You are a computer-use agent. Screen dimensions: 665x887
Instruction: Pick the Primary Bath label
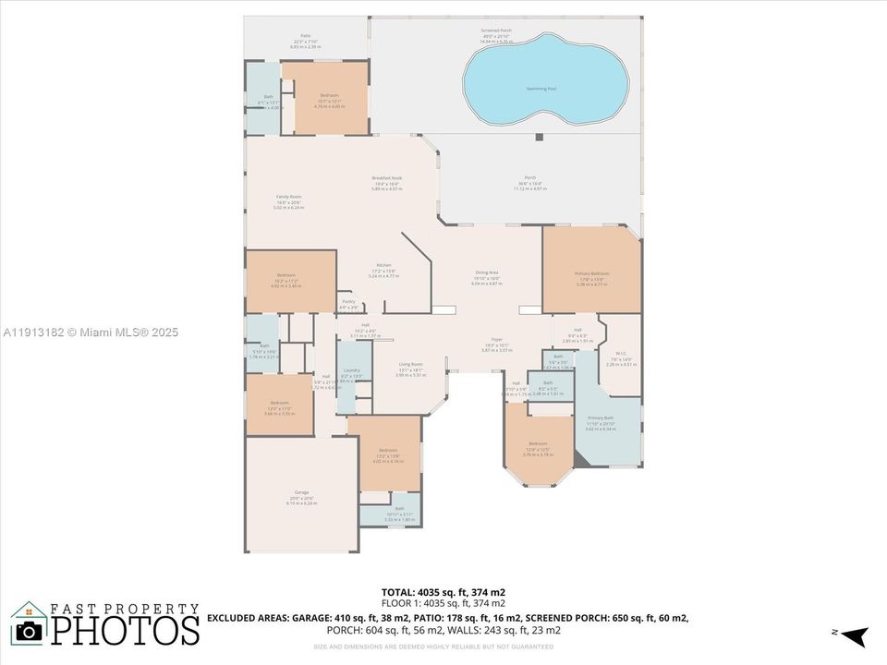coord(601,423)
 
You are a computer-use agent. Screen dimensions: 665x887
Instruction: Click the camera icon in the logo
coord(29,630)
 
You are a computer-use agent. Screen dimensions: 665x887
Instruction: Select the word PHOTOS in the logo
coord(125,630)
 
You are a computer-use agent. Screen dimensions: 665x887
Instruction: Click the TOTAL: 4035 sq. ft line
coord(443,591)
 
